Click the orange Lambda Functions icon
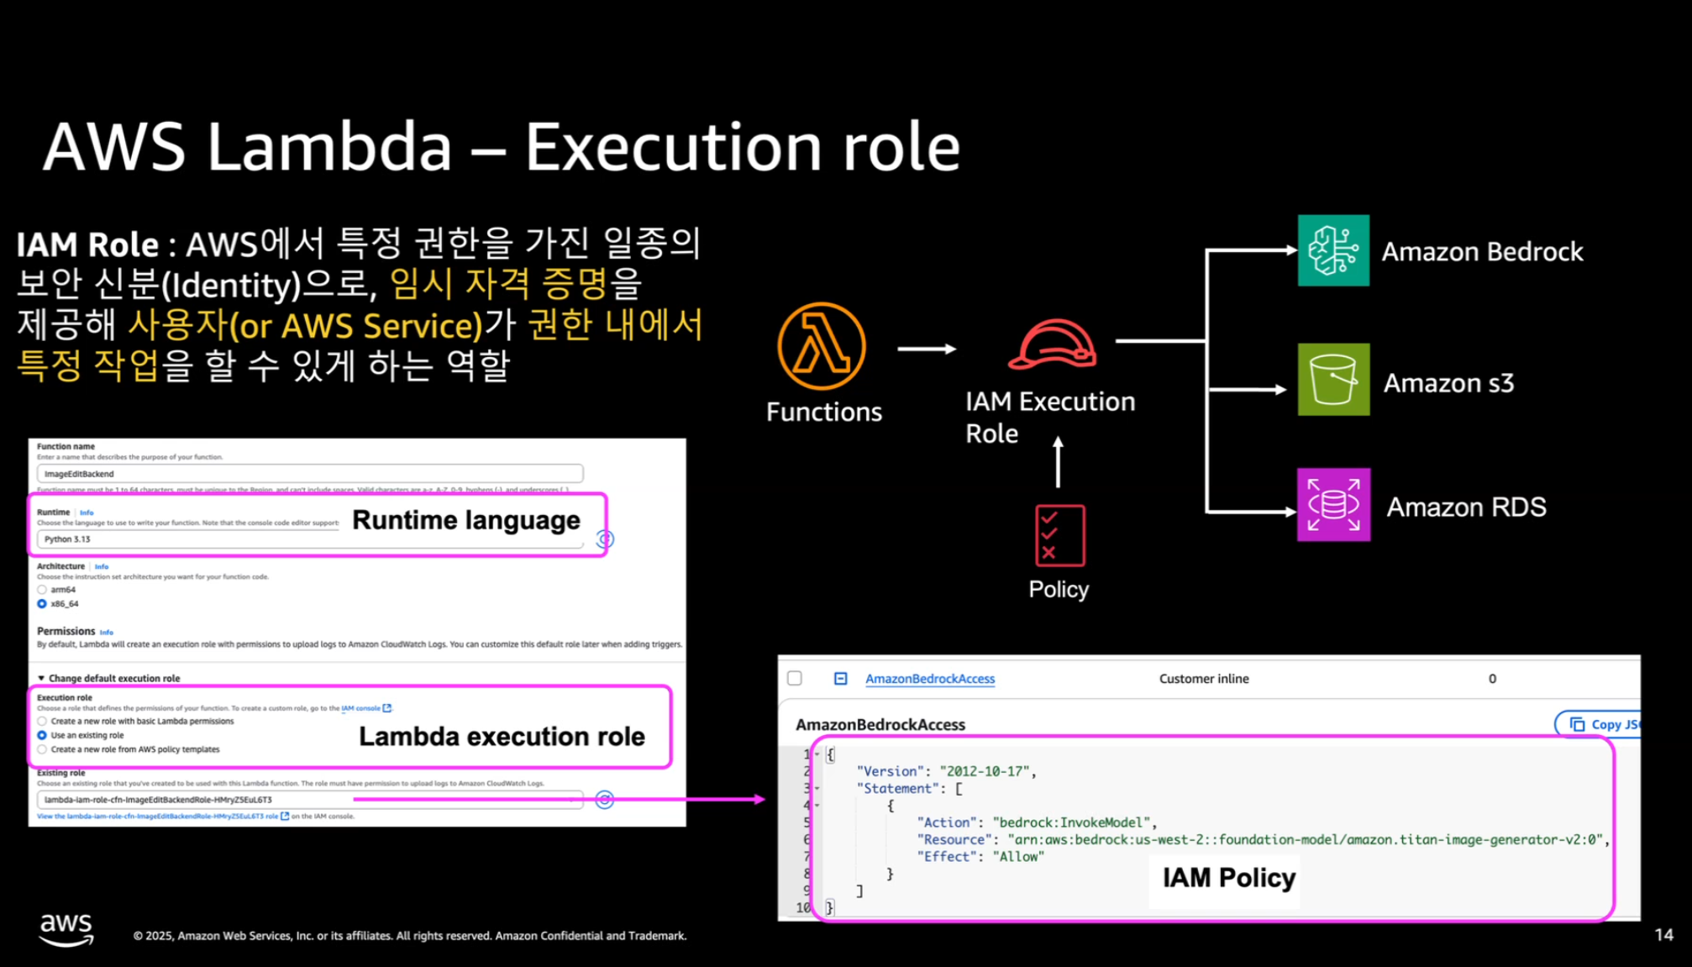pos(821,346)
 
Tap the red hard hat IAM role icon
pos(1053,344)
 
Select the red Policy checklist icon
pos(1059,536)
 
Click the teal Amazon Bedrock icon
pos(1333,250)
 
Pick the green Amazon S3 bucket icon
pos(1333,380)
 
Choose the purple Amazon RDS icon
pos(1333,505)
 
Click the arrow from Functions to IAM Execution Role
pos(927,349)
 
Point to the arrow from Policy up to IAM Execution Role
pos(1058,462)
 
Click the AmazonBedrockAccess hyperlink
pos(930,679)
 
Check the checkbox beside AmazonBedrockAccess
pos(795,678)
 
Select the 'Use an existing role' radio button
pos(42,735)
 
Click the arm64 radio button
pos(42,590)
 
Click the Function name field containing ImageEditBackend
pos(309,474)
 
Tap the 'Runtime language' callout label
pos(466,520)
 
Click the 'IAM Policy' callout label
pos(1228,878)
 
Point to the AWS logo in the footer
pos(66,929)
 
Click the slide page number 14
pos(1663,935)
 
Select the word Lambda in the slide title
pos(329,147)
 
